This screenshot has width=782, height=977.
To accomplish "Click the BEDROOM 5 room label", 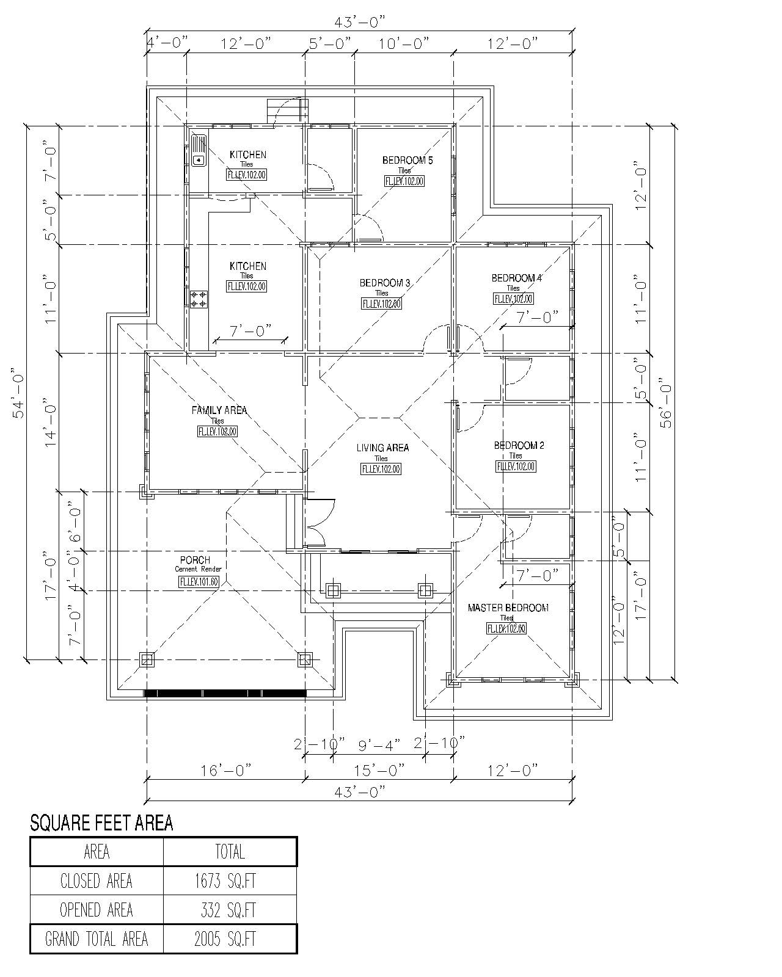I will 407,161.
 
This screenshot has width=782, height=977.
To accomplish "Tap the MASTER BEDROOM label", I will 508,608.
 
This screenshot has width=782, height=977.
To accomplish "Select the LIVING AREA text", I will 382,448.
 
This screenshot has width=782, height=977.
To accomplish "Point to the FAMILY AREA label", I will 219,410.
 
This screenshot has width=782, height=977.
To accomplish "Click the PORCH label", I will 195,560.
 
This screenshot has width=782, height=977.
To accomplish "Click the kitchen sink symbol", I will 199,151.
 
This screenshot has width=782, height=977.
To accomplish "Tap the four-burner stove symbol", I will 199,299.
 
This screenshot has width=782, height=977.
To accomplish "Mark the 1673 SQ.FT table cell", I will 230,881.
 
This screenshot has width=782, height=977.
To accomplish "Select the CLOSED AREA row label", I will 97,881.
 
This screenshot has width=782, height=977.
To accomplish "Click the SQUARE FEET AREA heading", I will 101,823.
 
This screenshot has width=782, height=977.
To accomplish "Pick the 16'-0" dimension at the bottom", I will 226,770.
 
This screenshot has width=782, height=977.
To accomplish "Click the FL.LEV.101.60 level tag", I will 199,582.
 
